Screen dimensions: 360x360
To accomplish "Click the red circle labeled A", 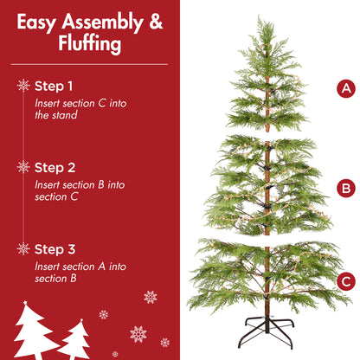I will tap(346, 88).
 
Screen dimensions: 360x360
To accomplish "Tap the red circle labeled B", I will tap(346, 187).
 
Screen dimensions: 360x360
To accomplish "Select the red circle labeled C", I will tap(346, 280).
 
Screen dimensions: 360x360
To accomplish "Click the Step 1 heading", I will tap(54, 86).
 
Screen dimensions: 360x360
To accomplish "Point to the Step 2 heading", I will tap(55, 167).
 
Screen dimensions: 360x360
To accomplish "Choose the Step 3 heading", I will tap(55, 248).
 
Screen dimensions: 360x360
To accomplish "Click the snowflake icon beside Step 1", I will tap(22, 86).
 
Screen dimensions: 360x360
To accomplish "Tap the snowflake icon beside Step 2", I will tap(22, 167).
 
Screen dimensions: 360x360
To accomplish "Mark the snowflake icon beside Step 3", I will tap(22, 248).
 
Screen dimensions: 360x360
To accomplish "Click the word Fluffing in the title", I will tap(90, 44).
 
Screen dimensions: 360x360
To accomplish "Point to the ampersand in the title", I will tap(155, 22).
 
